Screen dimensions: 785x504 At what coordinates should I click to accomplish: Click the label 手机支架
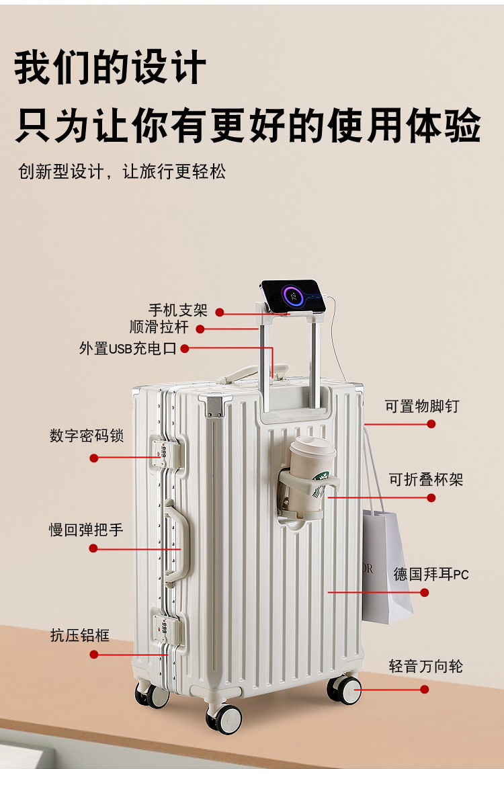pyautogui.click(x=177, y=311)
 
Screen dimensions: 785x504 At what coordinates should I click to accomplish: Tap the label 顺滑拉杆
pyautogui.click(x=159, y=327)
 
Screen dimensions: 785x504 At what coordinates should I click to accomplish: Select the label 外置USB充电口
pyautogui.click(x=128, y=348)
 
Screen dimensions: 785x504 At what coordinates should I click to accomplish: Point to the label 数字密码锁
pyautogui.click(x=87, y=435)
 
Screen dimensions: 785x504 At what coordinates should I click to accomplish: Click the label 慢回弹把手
pyautogui.click(x=86, y=530)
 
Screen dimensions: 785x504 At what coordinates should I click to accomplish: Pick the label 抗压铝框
pyautogui.click(x=79, y=635)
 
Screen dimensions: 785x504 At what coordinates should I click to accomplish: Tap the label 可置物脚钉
pyautogui.click(x=422, y=406)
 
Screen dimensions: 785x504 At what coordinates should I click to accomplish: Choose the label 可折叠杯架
pyautogui.click(x=426, y=480)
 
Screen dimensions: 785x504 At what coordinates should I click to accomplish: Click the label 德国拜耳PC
pyautogui.click(x=431, y=575)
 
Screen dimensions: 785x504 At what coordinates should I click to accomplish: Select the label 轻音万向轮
pyautogui.click(x=425, y=667)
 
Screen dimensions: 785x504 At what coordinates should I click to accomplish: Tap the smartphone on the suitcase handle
pyautogui.click(x=293, y=296)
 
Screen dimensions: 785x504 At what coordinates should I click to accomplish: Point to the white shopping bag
pyautogui.click(x=386, y=565)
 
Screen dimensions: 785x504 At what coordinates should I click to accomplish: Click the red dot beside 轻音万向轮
pyautogui.click(x=424, y=689)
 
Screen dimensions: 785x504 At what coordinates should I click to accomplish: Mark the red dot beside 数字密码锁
pyautogui.click(x=94, y=458)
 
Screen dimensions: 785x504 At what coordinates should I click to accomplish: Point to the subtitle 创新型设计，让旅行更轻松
pyautogui.click(x=122, y=171)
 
